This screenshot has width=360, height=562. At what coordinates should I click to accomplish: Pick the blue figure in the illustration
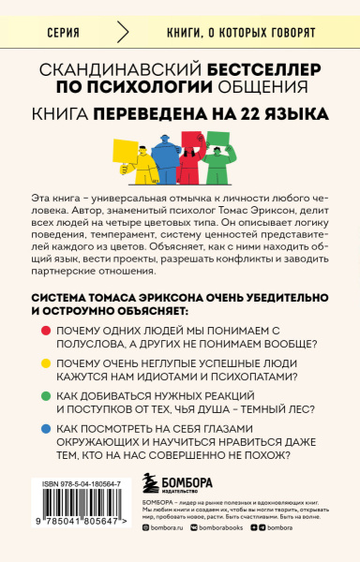168,156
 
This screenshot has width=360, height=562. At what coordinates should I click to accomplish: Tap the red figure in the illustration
193,157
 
